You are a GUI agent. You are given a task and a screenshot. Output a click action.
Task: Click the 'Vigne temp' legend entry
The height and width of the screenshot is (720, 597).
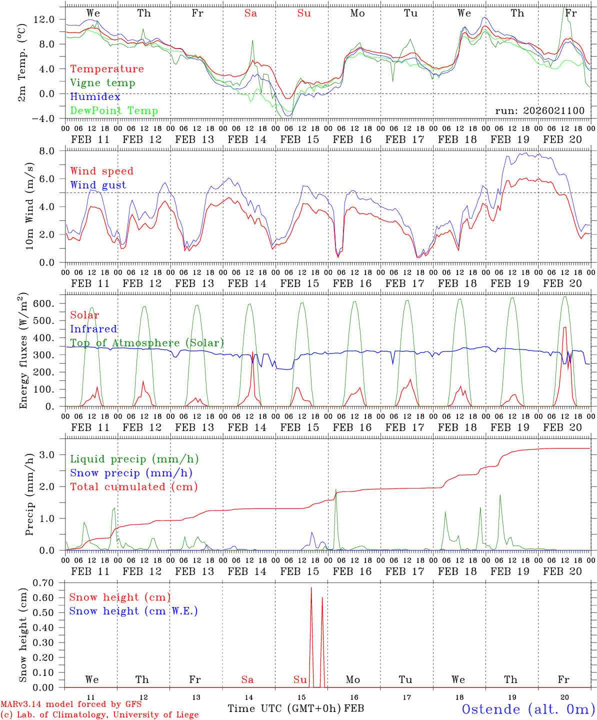click(102, 83)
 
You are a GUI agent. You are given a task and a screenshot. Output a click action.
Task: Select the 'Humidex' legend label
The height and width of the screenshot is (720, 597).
click(95, 97)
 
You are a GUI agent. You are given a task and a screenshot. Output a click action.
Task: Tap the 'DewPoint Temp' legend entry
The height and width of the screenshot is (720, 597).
click(114, 111)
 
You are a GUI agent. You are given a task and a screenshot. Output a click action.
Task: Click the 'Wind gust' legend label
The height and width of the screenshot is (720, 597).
click(98, 185)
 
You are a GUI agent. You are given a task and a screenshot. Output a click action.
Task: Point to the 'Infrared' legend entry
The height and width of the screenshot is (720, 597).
click(93, 329)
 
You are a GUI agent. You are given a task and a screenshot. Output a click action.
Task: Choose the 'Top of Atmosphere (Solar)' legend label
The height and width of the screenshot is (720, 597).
click(146, 343)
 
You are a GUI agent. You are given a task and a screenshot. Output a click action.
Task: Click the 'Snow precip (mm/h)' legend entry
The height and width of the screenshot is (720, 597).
click(131, 473)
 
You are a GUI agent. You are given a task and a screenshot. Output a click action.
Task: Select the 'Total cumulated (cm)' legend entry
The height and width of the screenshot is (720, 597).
click(133, 487)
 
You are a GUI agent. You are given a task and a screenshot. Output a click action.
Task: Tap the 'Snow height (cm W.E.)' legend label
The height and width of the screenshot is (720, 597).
click(133, 611)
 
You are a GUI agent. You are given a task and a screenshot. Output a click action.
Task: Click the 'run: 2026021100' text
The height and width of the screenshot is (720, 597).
click(539, 111)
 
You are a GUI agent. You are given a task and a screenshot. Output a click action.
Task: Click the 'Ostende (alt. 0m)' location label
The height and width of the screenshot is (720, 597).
click(528, 709)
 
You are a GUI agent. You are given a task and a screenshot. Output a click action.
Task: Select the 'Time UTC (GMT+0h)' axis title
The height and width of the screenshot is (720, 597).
click(284, 708)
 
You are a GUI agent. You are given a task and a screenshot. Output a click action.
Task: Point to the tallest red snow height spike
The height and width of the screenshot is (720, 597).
click(311, 588)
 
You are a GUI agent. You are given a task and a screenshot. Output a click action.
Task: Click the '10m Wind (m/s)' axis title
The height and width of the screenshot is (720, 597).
click(29, 205)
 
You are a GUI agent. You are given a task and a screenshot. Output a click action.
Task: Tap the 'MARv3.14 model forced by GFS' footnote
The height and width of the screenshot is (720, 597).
click(71, 704)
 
